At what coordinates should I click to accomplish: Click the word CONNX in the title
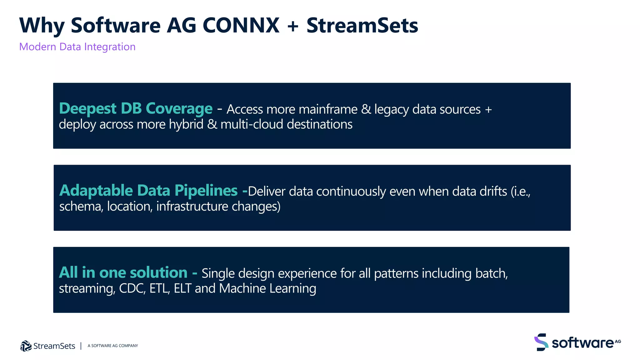(x=241, y=26)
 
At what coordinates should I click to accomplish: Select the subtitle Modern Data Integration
(x=77, y=47)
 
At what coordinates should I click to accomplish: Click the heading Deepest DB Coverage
(x=136, y=109)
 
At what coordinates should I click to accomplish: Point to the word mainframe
(x=328, y=110)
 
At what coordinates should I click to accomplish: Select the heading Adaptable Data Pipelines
(x=148, y=191)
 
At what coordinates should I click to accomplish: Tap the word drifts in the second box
(x=493, y=191)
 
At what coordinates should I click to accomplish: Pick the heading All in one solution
(x=123, y=272)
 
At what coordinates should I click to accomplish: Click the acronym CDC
(x=132, y=288)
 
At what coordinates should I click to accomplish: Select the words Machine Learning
(x=267, y=288)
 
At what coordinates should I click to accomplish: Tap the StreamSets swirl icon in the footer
(x=26, y=346)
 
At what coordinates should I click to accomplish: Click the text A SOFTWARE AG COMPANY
(x=112, y=346)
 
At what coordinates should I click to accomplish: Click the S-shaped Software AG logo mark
(x=541, y=342)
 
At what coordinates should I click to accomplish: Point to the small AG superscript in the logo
(x=618, y=341)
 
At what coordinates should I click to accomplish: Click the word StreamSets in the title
(x=362, y=26)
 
